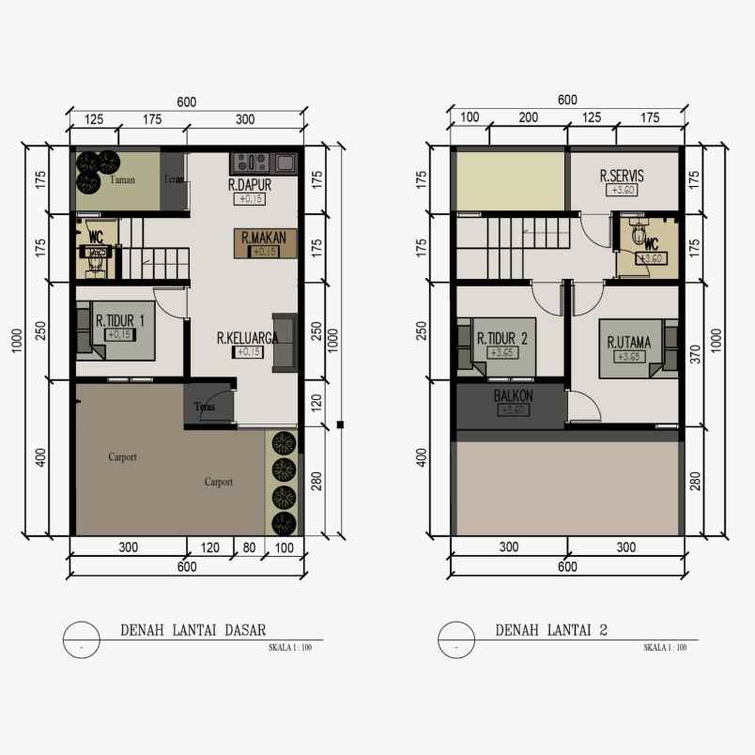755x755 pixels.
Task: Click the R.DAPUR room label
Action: point(250,185)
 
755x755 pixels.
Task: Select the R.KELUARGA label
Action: point(246,338)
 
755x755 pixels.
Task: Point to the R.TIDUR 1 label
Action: point(119,320)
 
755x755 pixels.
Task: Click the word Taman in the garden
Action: point(122,180)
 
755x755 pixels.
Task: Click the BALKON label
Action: point(511,395)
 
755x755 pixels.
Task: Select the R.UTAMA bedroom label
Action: point(628,342)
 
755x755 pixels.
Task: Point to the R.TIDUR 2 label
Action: point(501,339)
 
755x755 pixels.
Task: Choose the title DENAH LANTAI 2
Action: point(551,630)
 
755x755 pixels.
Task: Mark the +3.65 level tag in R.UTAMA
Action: point(627,357)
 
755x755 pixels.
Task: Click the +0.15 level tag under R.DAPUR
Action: point(251,199)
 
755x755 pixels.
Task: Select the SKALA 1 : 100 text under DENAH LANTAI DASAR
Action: point(289,647)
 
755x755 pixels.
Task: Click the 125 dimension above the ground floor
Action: point(94,119)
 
